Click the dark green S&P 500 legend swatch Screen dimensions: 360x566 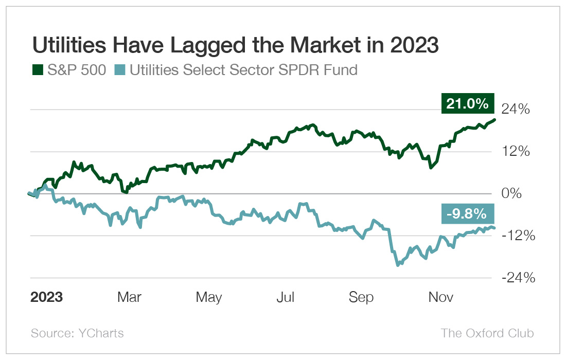(x=38, y=70)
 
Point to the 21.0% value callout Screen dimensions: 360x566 (x=467, y=103)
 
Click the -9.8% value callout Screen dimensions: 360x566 (x=467, y=212)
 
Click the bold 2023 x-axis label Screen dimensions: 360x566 (x=47, y=297)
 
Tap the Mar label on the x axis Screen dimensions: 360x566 (x=130, y=297)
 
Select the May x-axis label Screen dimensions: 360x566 (x=209, y=297)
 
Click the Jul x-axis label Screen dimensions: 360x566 (x=286, y=297)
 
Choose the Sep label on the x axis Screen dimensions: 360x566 (x=361, y=297)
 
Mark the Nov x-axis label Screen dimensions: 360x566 (x=440, y=297)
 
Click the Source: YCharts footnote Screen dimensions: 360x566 (x=77, y=333)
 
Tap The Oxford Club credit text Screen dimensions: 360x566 (x=487, y=333)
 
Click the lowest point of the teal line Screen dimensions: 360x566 (x=398, y=265)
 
